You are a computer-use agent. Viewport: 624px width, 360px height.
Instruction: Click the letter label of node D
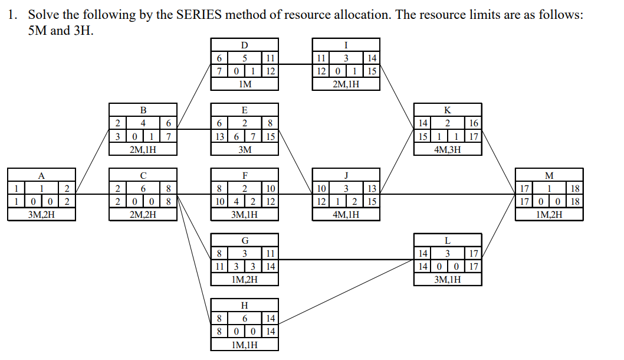[x=245, y=44]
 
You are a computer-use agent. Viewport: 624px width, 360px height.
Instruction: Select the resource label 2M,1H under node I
[x=346, y=84]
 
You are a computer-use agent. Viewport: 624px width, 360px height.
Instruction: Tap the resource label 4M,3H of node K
[x=447, y=149]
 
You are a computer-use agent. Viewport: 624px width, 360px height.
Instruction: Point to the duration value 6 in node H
[x=245, y=318]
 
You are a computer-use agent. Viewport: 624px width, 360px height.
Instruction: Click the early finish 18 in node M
[x=577, y=189]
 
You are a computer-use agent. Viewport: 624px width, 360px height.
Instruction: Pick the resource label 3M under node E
[x=245, y=149]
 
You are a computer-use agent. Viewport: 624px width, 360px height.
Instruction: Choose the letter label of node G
[x=245, y=240]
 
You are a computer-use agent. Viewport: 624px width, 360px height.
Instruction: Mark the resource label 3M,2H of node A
[x=41, y=214]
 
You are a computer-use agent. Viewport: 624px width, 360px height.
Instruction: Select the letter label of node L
[x=447, y=240]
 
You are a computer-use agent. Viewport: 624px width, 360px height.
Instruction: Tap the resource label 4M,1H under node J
[x=346, y=214]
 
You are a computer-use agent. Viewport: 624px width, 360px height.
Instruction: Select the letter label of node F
[x=245, y=175]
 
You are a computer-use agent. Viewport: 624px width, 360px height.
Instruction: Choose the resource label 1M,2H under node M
[x=549, y=214]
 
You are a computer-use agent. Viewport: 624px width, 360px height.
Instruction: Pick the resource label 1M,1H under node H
[x=245, y=344]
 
